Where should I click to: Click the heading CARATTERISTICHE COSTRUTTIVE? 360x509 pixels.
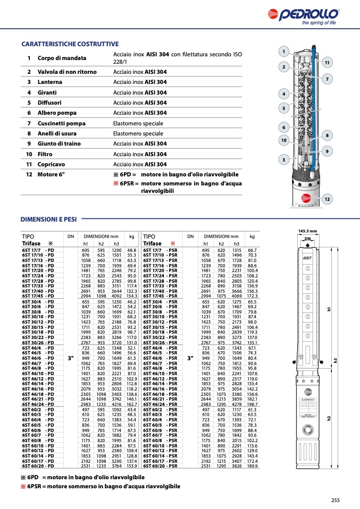pyautogui.click(x=70, y=44)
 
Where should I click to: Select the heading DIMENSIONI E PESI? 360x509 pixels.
pyautogui.click(x=48, y=219)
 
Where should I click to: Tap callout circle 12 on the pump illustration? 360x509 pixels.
pyautogui.click(x=327, y=199)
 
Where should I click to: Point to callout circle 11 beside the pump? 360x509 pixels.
pyautogui.click(x=327, y=63)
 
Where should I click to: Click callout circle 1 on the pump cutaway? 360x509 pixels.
pyautogui.click(x=283, y=52)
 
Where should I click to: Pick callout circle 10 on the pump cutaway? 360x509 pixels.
pyautogui.click(x=284, y=140)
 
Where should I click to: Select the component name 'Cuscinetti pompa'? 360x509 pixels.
pyautogui.click(x=61, y=123)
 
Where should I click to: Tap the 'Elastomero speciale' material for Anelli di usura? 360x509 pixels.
pyautogui.click(x=138, y=134)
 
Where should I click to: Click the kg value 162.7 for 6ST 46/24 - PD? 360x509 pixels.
pyautogui.click(x=132, y=404)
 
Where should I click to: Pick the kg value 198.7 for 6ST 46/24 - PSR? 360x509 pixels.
pyautogui.click(x=252, y=404)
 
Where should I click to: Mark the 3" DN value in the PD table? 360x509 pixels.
pyautogui.click(x=71, y=358)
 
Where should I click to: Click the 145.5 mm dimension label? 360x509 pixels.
pyautogui.click(x=307, y=231)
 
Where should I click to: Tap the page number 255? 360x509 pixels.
pyautogui.click(x=335, y=499)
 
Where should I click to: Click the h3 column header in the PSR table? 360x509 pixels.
pyautogui.click(x=237, y=243)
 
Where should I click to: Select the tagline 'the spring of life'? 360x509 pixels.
pyautogui.click(x=319, y=23)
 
